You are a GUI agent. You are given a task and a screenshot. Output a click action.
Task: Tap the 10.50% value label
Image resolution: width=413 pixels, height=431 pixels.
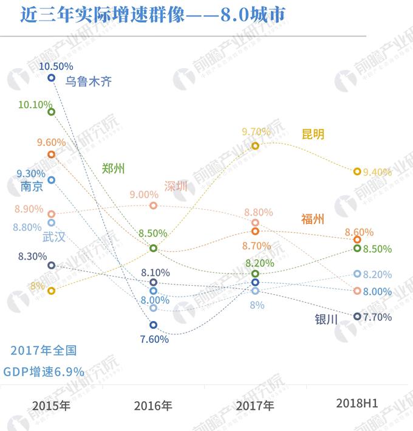tap(56, 66)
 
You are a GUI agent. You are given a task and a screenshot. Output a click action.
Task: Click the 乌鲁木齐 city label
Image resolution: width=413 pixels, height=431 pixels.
tap(89, 81)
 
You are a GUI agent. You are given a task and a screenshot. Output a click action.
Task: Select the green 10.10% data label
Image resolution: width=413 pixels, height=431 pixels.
tap(35, 105)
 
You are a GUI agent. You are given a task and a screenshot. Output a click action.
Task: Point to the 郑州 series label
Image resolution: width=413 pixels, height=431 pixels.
tap(113, 168)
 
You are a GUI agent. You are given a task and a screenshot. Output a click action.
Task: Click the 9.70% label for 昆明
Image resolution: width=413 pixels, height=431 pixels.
tap(256, 131)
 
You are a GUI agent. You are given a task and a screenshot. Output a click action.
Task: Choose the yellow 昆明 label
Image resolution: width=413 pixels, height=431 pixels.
tap(313, 134)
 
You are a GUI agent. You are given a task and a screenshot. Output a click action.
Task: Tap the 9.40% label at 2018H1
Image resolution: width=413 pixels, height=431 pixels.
tap(377, 172)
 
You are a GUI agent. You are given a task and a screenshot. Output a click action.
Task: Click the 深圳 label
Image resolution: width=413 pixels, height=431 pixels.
tap(176, 186)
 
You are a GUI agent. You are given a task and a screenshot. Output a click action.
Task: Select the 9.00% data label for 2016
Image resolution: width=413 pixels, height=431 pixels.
tap(144, 195)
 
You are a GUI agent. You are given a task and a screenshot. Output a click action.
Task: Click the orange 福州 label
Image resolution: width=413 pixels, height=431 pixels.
tap(313, 219)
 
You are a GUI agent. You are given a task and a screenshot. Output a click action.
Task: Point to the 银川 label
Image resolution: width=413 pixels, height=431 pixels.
tap(326, 319)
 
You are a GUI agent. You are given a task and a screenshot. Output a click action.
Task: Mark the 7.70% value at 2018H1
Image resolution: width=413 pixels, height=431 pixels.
tap(377, 317)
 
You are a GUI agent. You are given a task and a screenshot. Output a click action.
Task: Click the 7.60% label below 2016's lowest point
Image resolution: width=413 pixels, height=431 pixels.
tap(154, 339)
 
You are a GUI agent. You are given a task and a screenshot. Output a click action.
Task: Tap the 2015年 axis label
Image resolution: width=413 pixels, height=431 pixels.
tap(52, 405)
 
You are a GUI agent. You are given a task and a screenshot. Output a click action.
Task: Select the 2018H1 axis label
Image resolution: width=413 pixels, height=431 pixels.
tap(357, 403)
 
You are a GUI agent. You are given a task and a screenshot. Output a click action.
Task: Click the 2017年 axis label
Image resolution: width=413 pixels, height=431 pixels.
tap(255, 405)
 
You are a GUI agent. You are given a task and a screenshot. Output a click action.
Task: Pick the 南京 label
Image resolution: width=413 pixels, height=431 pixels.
tap(32, 187)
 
